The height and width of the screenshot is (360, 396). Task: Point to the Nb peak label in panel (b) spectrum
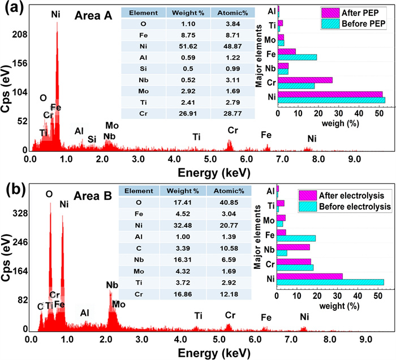point(112,285)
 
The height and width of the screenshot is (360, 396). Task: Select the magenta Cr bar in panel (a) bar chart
point(305,80)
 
